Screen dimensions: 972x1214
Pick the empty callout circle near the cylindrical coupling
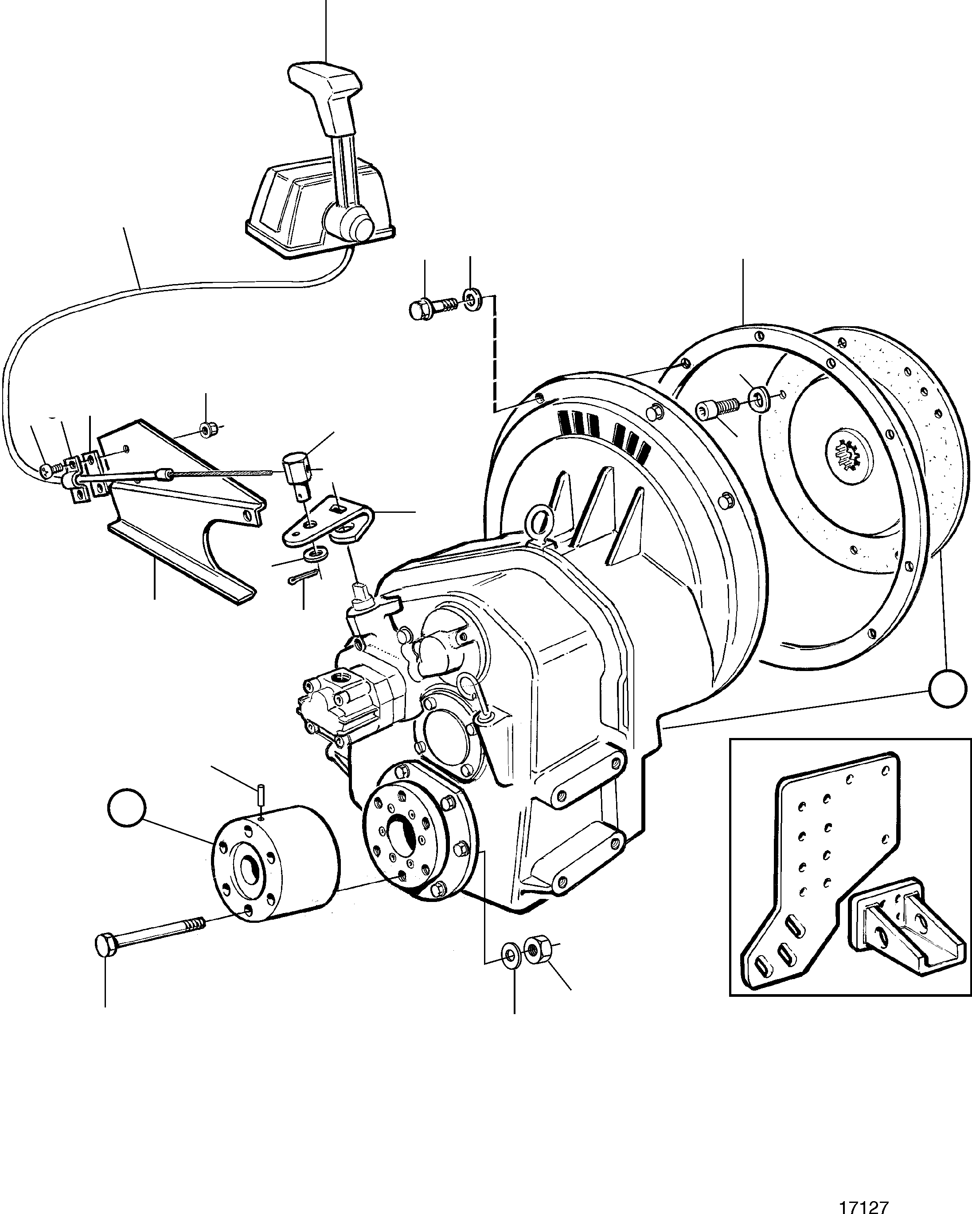click(x=127, y=808)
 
